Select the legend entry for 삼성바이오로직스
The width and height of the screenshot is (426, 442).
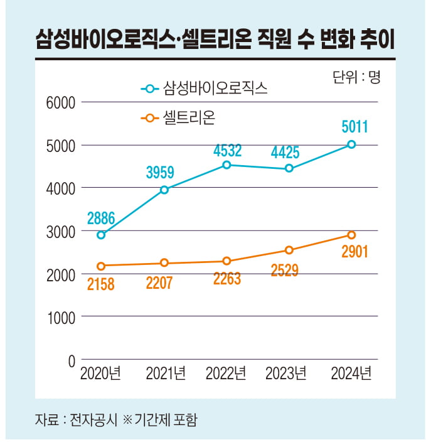(x=204, y=88)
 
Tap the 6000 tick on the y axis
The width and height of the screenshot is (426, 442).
(x=61, y=102)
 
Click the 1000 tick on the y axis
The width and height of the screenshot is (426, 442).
(x=61, y=317)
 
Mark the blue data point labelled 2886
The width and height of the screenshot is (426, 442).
(x=101, y=235)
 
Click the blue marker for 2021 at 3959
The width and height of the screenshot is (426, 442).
(x=164, y=190)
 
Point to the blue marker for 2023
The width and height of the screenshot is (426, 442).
(x=289, y=168)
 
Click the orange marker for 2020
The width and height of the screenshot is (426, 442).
(x=101, y=266)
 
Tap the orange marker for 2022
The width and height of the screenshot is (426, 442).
(x=226, y=261)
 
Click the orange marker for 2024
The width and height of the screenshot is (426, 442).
(x=351, y=235)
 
